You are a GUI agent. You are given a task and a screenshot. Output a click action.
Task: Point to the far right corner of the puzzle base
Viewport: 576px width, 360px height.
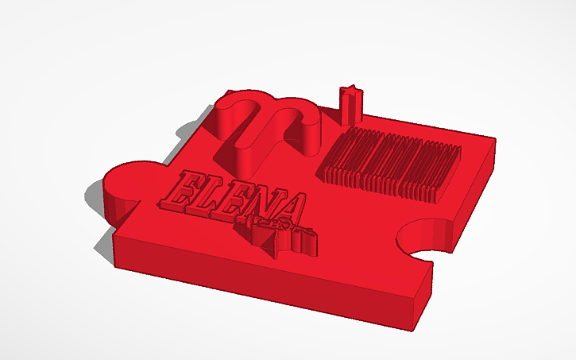tap(497, 143)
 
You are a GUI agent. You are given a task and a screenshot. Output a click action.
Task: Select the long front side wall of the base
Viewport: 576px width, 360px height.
tap(262, 282)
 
